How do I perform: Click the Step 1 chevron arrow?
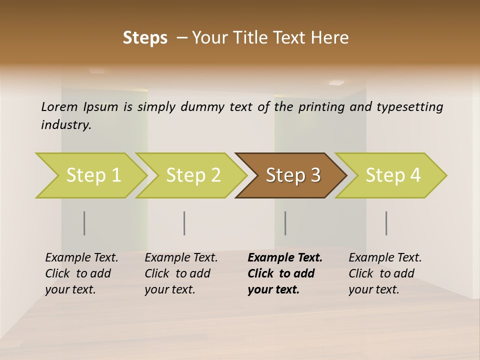(92, 175)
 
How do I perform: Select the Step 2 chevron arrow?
(192, 175)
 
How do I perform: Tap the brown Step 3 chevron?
(292, 175)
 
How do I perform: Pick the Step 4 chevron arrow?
(392, 175)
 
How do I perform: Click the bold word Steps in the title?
(145, 37)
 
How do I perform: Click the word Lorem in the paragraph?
(59, 107)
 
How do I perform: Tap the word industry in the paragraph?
(65, 125)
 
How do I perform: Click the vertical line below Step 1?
(84, 223)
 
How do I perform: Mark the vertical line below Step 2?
(184, 223)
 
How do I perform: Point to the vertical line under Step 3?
(285, 223)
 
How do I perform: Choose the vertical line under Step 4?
(386, 223)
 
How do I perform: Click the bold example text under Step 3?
(284, 273)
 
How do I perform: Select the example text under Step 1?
(81, 273)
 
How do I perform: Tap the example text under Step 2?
(180, 273)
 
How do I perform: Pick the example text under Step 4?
(384, 273)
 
